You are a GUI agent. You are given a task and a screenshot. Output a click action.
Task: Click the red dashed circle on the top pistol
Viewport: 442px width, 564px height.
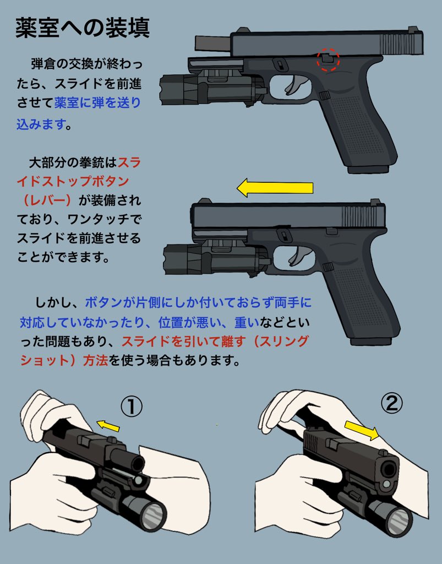[x=329, y=61]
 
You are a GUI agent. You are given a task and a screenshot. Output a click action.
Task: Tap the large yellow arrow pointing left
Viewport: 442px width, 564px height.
[x=275, y=188]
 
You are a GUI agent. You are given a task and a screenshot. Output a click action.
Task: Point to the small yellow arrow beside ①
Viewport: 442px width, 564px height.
[x=108, y=425]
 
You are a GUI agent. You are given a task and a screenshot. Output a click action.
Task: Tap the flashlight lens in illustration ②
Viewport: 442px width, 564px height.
[x=398, y=520]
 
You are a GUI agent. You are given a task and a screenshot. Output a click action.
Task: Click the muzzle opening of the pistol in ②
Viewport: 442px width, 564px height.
[x=389, y=469]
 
